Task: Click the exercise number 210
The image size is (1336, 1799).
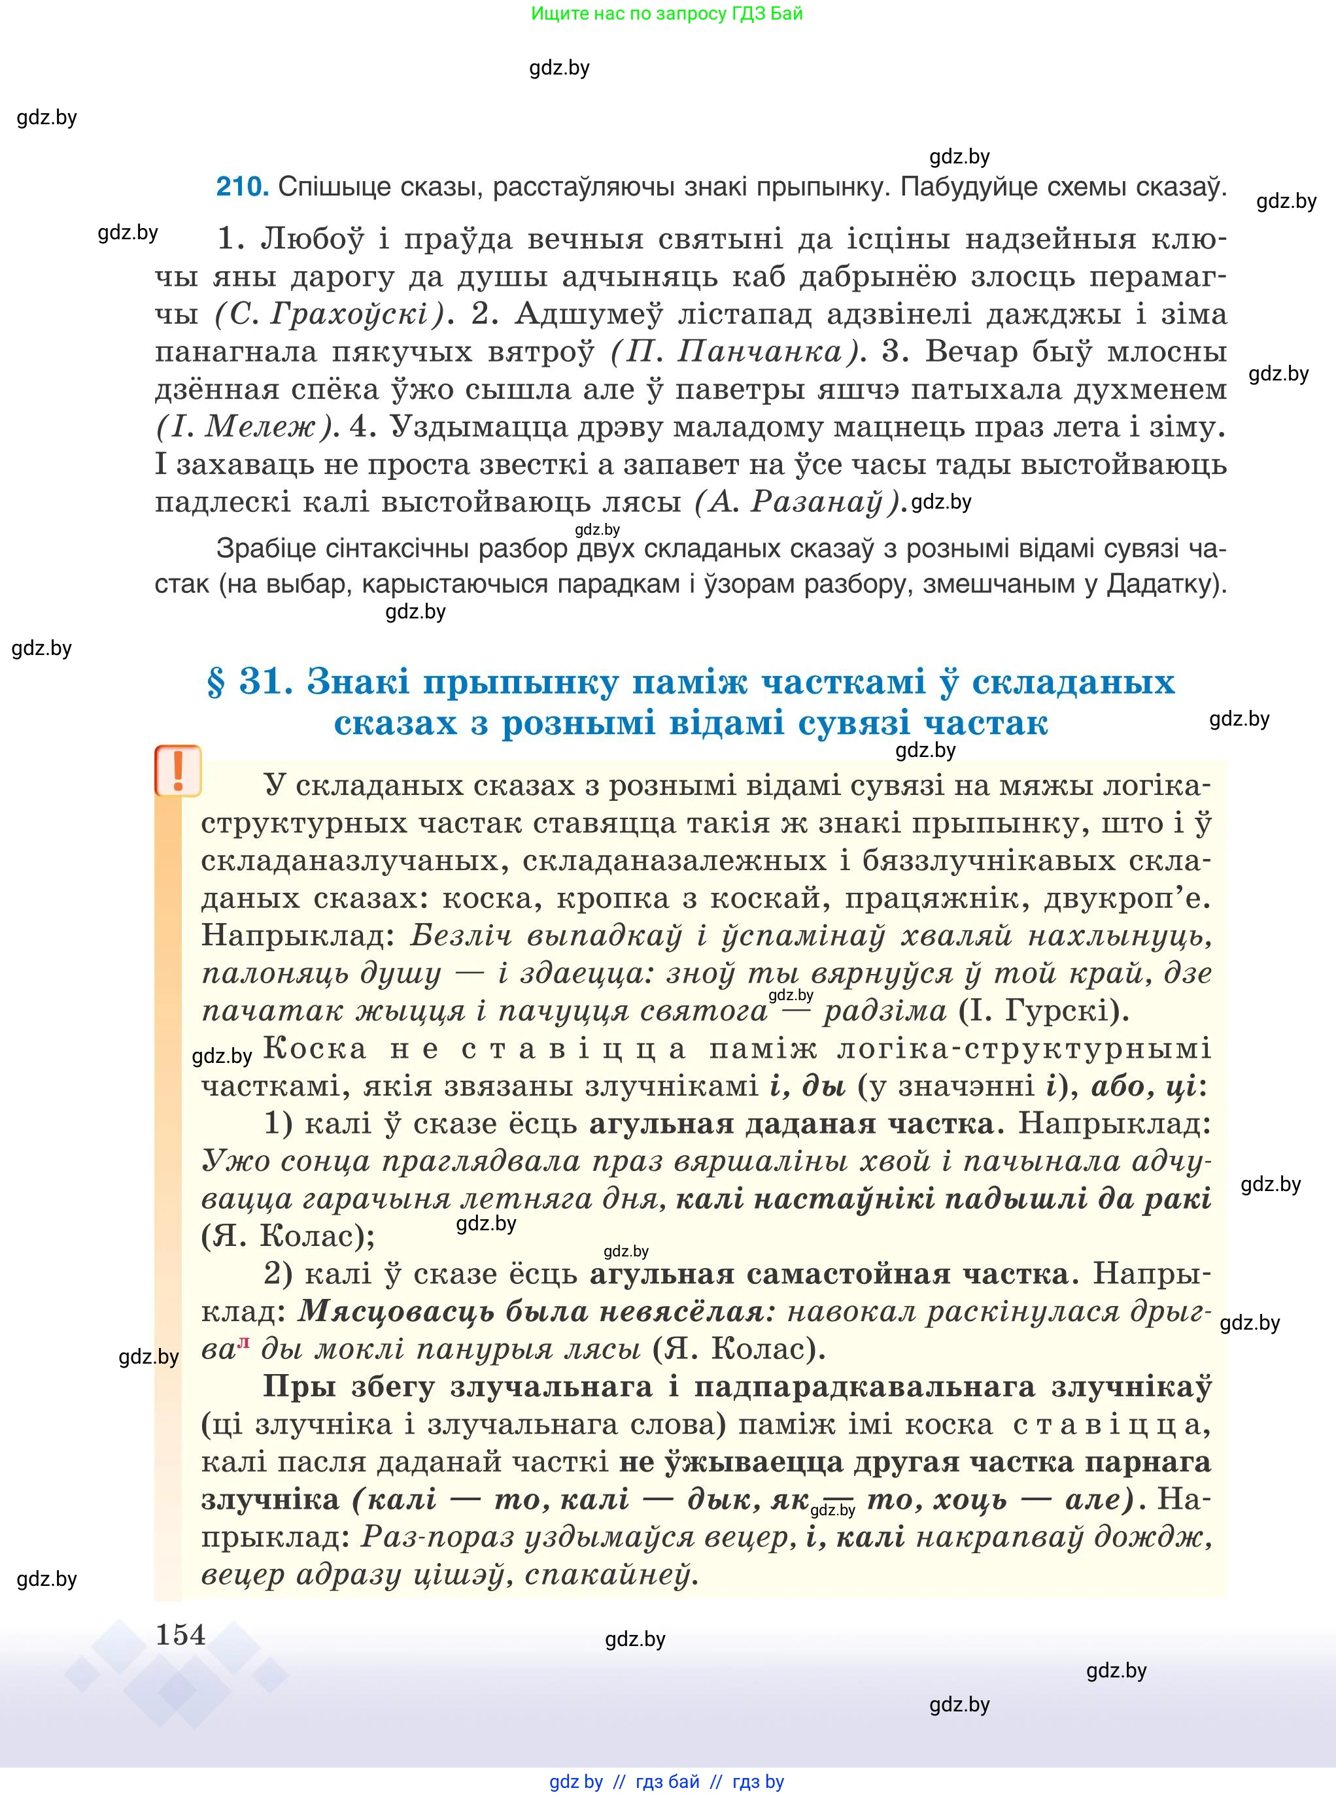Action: click(x=241, y=188)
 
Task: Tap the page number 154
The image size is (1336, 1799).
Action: click(x=180, y=1635)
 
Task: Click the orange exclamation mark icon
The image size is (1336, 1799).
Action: click(x=178, y=771)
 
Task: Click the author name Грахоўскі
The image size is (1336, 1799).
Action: click(x=349, y=314)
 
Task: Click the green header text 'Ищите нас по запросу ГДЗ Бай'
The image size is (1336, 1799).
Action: click(x=667, y=14)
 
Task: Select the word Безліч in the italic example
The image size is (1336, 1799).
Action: click(x=461, y=936)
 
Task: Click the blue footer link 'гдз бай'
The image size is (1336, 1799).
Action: click(x=668, y=1781)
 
